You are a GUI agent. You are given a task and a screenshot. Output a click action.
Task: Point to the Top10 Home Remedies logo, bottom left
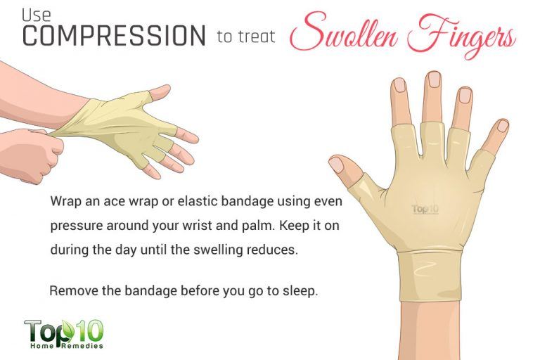tap(65, 333)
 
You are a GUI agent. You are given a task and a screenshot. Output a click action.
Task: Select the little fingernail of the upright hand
tap(501, 127)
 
